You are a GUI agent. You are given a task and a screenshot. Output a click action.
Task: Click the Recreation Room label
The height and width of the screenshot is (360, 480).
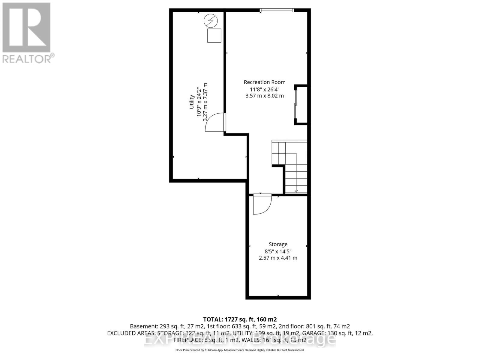[264, 82]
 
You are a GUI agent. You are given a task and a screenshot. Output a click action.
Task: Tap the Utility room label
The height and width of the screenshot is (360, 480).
[191, 102]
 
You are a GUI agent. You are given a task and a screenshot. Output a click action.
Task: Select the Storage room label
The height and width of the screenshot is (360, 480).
[278, 244]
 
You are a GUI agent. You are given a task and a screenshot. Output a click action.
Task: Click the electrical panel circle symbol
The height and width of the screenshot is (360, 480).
[210, 21]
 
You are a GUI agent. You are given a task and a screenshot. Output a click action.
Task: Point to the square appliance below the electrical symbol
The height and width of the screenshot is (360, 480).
[214, 35]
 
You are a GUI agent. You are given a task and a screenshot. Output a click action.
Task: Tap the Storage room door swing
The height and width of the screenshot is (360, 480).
[262, 204]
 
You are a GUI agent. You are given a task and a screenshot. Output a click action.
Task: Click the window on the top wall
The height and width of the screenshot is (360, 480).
[277, 10]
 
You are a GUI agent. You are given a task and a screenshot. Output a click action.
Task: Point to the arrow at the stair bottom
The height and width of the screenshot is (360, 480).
[296, 191]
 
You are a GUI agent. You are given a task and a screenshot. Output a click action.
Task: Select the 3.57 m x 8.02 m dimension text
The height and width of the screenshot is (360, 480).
[264, 96]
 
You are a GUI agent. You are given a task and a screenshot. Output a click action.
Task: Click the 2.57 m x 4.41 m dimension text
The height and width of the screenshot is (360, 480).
[278, 258]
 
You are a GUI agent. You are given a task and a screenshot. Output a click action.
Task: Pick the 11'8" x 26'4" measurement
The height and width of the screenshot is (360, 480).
[264, 89]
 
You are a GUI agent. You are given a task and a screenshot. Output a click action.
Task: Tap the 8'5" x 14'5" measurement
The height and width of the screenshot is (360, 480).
[278, 251]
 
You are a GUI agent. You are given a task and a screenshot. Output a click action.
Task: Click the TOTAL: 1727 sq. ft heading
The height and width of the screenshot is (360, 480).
[240, 319]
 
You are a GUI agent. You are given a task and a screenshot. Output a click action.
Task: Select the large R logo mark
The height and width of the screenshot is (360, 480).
[26, 28]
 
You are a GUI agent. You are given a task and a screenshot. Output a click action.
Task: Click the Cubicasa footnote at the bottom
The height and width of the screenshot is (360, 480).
[240, 350]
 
